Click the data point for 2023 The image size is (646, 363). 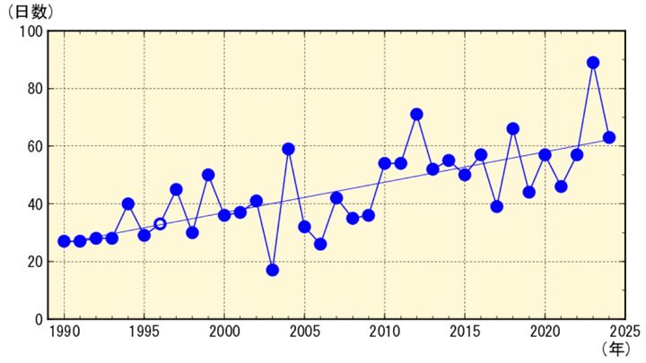(x=593, y=63)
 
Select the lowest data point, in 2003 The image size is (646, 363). (x=272, y=270)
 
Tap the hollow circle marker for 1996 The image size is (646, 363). (x=160, y=224)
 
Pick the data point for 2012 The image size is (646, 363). (x=416, y=115)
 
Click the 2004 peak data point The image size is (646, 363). (x=288, y=149)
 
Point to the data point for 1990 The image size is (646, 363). (x=64, y=241)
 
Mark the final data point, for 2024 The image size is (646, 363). (x=609, y=137)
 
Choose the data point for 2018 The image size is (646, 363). (x=513, y=129)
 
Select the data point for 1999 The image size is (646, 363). (x=208, y=175)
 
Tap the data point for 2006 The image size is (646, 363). (x=320, y=244)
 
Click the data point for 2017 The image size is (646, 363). (x=497, y=206)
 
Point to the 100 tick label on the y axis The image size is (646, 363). (x=31, y=32)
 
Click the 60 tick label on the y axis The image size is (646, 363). (x=34, y=147)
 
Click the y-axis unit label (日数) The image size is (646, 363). (x=31, y=13)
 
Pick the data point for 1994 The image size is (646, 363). (x=128, y=203)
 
